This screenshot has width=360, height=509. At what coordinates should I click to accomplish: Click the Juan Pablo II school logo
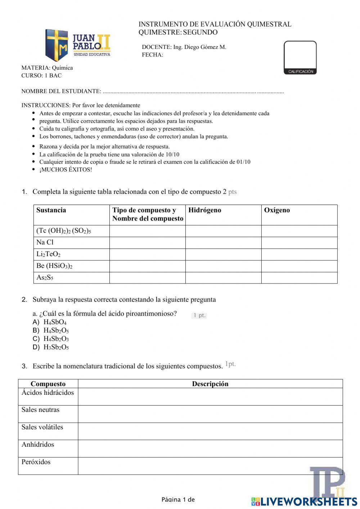click(x=77, y=45)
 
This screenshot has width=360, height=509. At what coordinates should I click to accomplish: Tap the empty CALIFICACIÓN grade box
click(x=300, y=55)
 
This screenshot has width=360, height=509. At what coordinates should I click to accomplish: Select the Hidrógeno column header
click(x=204, y=210)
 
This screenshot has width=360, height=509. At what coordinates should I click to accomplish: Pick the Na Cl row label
click(x=45, y=242)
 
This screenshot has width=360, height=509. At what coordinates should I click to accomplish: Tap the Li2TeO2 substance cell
click(x=48, y=254)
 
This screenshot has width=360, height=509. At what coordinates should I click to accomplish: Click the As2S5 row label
click(x=45, y=278)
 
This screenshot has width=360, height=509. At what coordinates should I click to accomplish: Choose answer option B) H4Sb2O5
click(x=56, y=331)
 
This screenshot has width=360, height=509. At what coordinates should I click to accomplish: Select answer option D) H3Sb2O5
click(x=56, y=348)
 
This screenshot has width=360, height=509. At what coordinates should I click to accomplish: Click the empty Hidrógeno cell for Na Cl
click(x=223, y=243)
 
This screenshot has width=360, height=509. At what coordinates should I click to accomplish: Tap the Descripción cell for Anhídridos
click(x=210, y=448)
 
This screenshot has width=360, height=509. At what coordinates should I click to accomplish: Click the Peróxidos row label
click(x=36, y=462)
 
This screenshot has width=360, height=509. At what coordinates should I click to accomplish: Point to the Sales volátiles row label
click(x=42, y=427)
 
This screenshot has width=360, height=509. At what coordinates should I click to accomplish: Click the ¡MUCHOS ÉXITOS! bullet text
click(x=66, y=170)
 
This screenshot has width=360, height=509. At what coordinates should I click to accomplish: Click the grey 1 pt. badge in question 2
click(x=199, y=316)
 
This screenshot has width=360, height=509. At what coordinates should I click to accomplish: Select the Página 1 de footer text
click(x=178, y=500)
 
